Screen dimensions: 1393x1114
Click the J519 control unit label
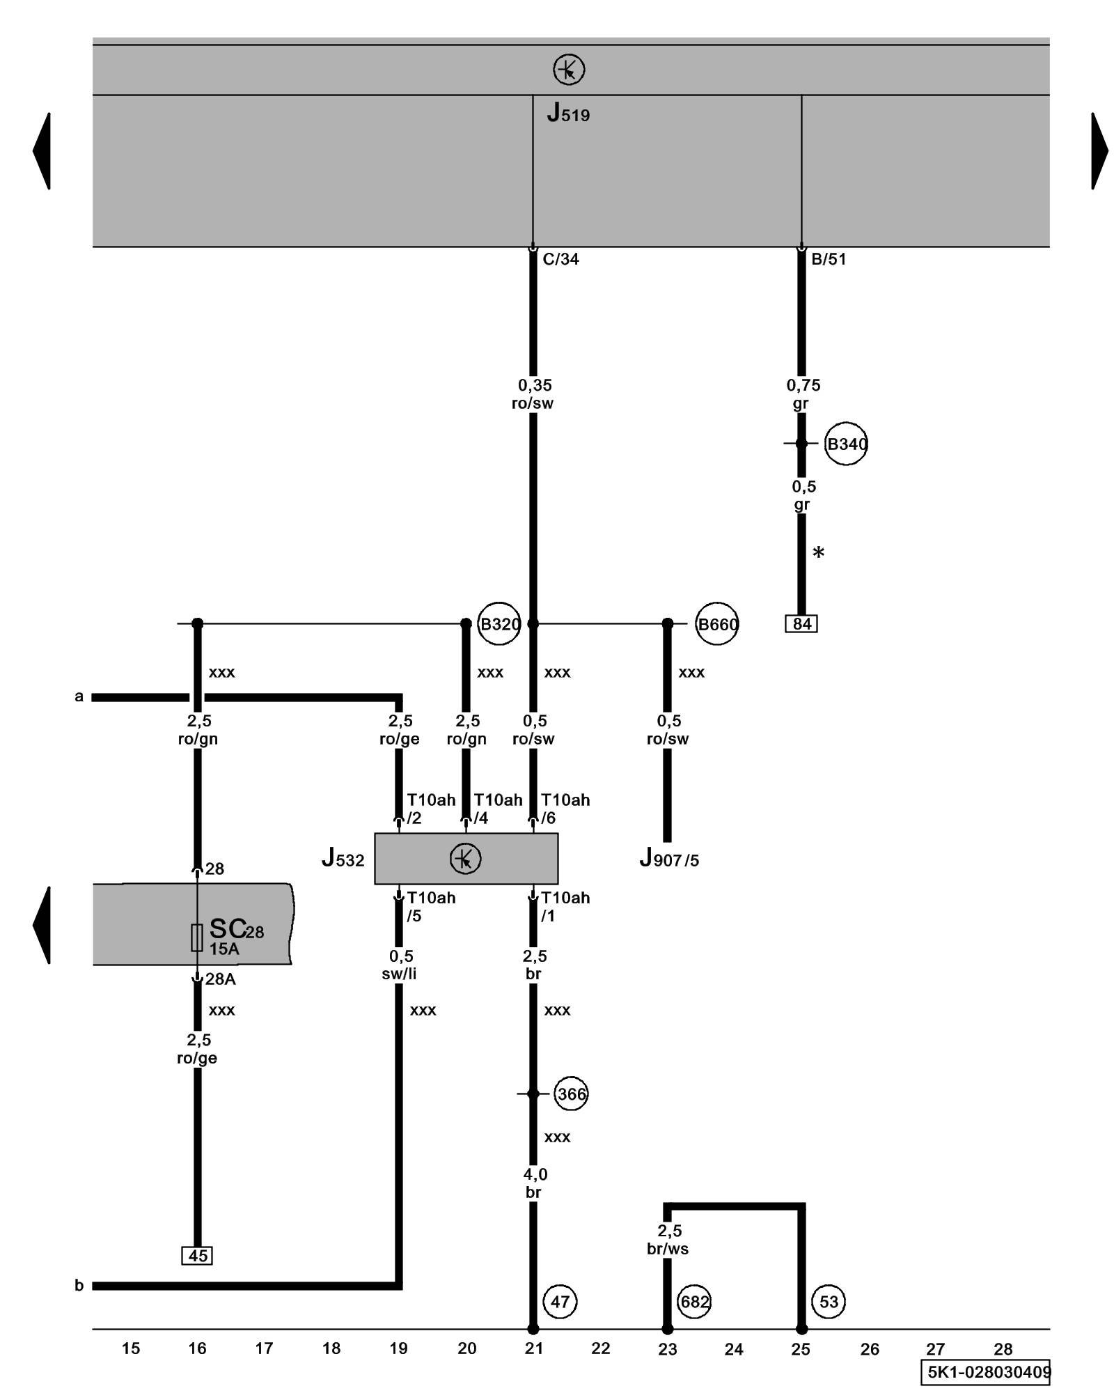click(568, 113)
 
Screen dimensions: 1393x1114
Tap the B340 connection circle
click(846, 444)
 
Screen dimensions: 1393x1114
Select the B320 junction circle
click(499, 623)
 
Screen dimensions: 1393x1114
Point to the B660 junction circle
click(717, 623)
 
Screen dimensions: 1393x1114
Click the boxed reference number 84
click(801, 623)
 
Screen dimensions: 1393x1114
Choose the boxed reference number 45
click(197, 1255)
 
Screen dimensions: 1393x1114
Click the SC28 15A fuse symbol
click(197, 937)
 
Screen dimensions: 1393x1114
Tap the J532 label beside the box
click(343, 859)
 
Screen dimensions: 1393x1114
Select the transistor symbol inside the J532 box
click(465, 858)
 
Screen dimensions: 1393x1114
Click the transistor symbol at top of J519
click(569, 70)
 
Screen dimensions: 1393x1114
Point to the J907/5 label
click(668, 859)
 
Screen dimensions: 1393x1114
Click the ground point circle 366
click(571, 1094)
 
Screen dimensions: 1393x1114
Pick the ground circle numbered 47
click(560, 1301)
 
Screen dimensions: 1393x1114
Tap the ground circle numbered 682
click(694, 1301)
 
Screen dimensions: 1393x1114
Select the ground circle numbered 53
click(829, 1301)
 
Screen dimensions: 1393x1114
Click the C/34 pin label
click(560, 259)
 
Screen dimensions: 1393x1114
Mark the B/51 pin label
click(829, 259)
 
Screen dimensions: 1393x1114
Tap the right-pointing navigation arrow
click(1099, 150)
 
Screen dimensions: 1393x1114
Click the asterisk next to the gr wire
click(819, 553)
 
